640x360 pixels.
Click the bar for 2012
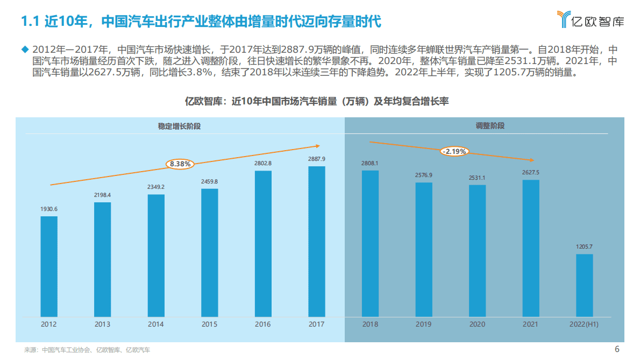(x=49, y=266)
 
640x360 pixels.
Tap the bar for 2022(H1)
(x=584, y=285)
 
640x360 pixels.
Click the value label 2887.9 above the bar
(x=316, y=159)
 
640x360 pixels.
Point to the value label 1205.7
(x=584, y=247)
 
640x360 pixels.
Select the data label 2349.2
(x=156, y=187)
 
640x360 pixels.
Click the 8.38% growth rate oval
(x=180, y=164)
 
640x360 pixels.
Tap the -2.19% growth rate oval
(x=454, y=151)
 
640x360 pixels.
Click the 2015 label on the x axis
(x=209, y=324)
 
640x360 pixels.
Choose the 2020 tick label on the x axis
(x=477, y=324)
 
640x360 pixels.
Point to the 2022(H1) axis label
(x=584, y=324)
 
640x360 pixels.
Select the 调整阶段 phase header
(x=490, y=126)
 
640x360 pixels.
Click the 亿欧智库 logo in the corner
(x=591, y=20)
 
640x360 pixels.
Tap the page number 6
(x=617, y=349)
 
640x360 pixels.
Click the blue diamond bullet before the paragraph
(x=24, y=49)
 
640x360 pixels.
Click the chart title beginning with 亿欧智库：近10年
(x=317, y=101)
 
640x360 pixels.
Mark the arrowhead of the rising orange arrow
(x=318, y=145)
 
